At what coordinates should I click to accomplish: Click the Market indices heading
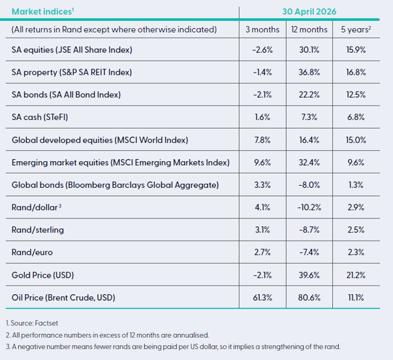click(x=42, y=12)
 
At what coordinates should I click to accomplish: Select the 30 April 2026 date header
click(x=309, y=12)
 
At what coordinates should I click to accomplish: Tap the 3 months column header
click(x=262, y=29)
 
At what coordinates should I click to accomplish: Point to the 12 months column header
click(x=309, y=29)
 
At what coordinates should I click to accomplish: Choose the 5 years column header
click(x=356, y=29)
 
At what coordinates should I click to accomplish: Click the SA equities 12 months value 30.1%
click(x=309, y=50)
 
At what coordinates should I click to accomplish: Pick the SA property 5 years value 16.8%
click(x=356, y=72)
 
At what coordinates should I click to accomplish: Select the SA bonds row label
click(x=66, y=95)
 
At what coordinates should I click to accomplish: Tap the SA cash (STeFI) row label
click(x=40, y=117)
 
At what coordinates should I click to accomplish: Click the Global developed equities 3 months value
click(x=262, y=140)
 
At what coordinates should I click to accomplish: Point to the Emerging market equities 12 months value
click(x=309, y=162)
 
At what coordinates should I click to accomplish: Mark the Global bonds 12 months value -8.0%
click(x=309, y=185)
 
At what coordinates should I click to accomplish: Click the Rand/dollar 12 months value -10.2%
click(x=309, y=207)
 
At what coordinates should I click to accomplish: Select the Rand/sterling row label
click(x=38, y=230)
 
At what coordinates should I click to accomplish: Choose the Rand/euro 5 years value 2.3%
click(x=356, y=252)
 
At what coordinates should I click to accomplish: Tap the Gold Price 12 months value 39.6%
click(x=309, y=275)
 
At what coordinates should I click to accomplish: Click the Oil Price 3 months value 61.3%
click(x=262, y=297)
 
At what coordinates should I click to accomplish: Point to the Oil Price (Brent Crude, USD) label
click(x=63, y=297)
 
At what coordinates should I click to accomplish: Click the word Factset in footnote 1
click(x=46, y=323)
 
